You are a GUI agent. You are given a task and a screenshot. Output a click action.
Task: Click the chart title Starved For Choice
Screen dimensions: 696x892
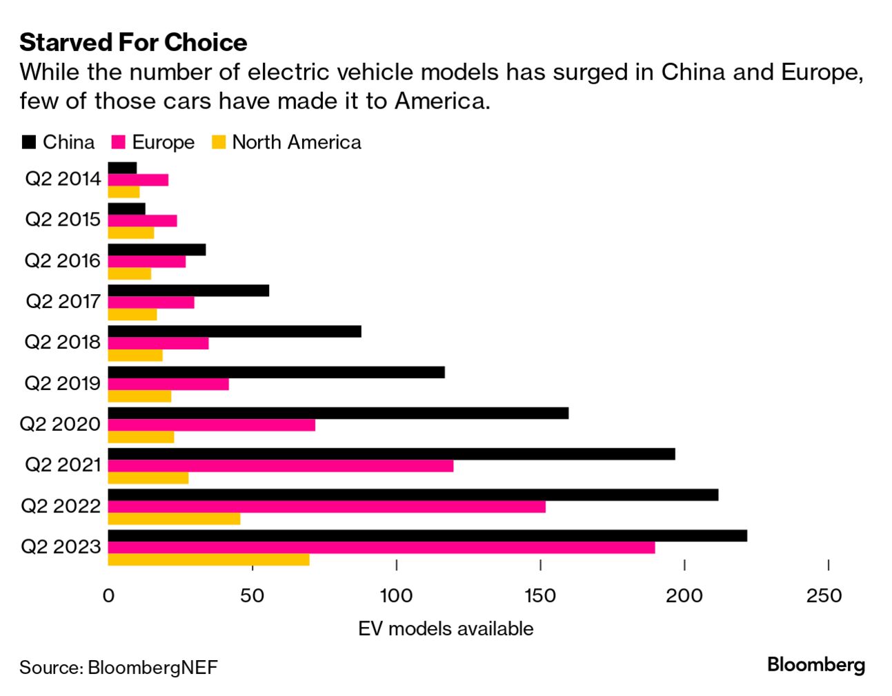pos(133,42)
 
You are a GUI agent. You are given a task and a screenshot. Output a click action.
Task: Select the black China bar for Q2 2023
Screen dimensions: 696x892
pos(427,536)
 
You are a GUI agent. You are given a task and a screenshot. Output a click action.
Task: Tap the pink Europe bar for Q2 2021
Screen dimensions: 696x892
pos(281,466)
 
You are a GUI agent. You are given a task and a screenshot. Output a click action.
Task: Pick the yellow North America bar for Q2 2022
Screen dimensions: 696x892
pos(174,519)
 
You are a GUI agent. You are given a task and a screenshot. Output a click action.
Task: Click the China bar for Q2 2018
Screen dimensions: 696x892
pos(235,331)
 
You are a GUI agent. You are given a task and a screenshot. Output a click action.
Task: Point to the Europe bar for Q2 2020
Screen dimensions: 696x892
pos(211,425)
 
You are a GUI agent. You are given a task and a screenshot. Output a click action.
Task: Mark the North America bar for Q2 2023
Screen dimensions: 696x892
pos(208,559)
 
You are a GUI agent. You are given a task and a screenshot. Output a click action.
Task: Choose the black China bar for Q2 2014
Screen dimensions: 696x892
pos(122,168)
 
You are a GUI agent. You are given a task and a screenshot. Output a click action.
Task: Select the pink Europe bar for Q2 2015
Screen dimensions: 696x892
pos(142,221)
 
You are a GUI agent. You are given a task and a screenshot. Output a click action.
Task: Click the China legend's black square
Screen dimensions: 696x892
pos(29,142)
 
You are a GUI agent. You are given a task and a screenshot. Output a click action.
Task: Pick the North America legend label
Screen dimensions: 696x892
pos(297,142)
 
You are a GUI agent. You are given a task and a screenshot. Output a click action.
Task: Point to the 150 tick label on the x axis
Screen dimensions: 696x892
pos(540,596)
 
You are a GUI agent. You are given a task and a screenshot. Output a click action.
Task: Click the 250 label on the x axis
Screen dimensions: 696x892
pos(824,596)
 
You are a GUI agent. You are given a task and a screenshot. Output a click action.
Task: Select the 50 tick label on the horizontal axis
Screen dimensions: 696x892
pos(252,596)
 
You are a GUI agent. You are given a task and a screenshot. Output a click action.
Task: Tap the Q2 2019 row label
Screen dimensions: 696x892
pos(63,383)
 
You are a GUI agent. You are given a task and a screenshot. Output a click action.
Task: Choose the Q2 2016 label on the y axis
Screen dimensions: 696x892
pos(63,260)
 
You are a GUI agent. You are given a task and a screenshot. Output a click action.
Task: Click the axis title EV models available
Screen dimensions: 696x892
pos(446,628)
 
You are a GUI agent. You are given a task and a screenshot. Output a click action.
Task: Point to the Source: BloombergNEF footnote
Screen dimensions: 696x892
pos(119,668)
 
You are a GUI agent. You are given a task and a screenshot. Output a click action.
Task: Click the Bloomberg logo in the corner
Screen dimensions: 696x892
pos(816,665)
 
